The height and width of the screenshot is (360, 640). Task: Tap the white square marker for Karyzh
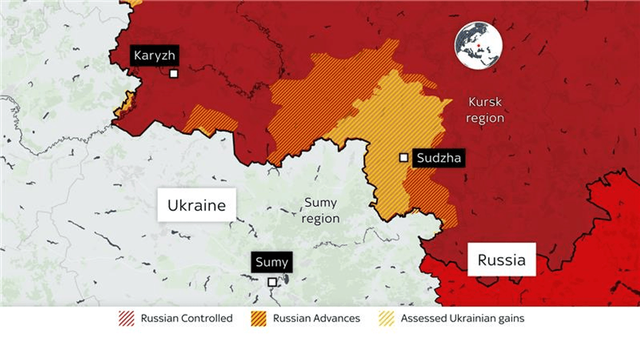coord(174,74)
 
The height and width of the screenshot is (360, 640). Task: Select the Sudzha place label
coord(438,157)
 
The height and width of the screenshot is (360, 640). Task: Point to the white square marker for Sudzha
coord(404,157)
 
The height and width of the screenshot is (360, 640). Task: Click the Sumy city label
coord(271,263)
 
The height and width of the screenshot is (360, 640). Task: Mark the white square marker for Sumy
coord(272,282)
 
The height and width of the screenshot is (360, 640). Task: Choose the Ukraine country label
coord(196,205)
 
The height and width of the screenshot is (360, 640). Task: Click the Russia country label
coord(501,260)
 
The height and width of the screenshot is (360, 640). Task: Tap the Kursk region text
coord(484,110)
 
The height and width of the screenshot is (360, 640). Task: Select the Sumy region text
coord(320,210)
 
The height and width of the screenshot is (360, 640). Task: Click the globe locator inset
coord(478,45)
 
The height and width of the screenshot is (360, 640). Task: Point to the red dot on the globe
coord(479,46)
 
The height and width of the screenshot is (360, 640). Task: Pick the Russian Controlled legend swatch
coord(126,318)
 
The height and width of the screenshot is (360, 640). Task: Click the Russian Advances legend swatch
coord(259,318)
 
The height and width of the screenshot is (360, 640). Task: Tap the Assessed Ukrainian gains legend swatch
coord(386,318)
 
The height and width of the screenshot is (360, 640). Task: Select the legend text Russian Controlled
coord(187,318)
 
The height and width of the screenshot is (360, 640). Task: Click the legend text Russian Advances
coord(316,318)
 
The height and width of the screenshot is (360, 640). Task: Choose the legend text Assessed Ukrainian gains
coord(463,318)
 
